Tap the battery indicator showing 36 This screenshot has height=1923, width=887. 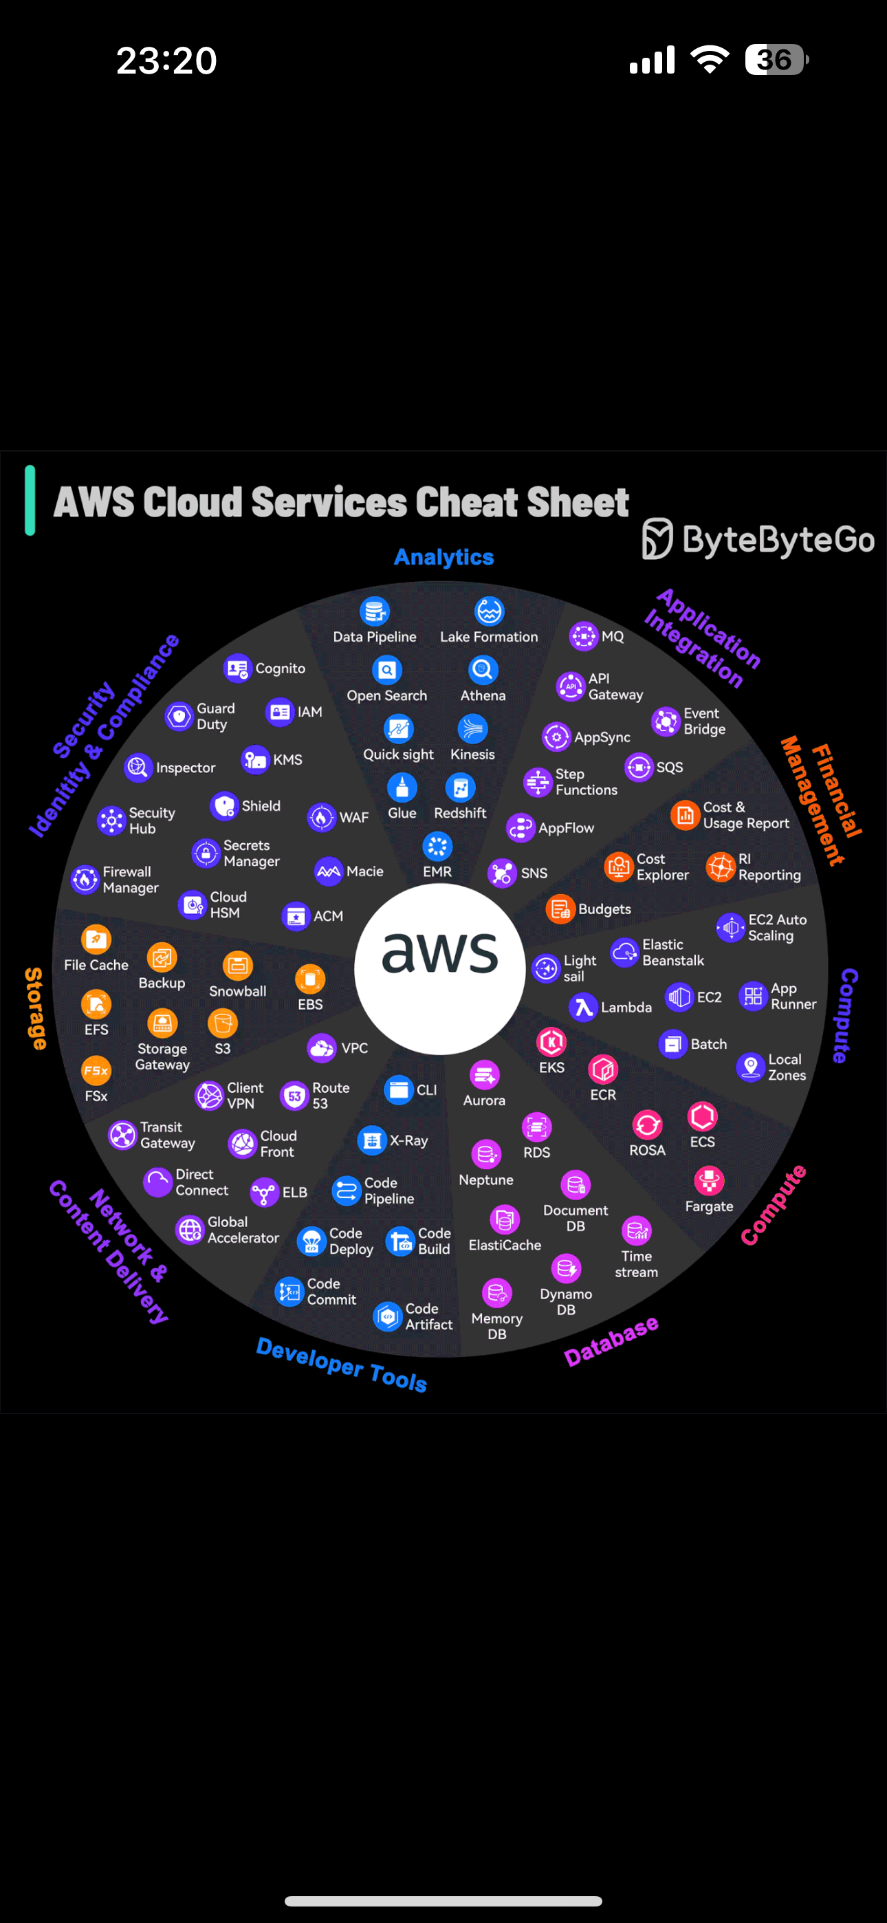pos(776,60)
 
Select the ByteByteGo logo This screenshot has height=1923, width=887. pos(758,539)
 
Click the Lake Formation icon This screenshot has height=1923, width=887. pos(489,611)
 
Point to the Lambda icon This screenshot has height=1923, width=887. pos(583,1007)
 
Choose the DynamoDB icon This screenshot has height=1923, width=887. pos(566,1268)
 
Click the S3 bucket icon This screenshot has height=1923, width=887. pos(223,1023)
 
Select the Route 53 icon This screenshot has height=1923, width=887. pos(294,1096)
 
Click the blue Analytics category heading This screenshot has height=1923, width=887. pos(444,558)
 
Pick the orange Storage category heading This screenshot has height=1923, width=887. pos(34,1008)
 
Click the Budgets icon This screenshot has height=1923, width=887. pos(560,909)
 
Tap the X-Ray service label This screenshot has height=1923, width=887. pos(408,1140)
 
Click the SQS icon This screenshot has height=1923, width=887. pos(639,767)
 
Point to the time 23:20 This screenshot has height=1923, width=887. pos(166,61)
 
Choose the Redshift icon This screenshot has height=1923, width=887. pos(460,787)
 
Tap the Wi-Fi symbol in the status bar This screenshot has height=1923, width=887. pos(710,59)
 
